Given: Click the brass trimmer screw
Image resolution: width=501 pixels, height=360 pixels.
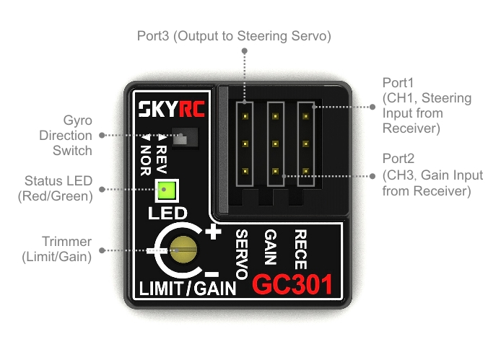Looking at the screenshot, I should click(184, 250).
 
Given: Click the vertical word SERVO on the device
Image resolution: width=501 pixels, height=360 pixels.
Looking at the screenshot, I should click(243, 253).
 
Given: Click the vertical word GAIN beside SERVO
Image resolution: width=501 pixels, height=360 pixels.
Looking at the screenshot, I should click(271, 246).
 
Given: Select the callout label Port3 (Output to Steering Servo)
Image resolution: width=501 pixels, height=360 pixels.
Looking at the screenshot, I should click(234, 35).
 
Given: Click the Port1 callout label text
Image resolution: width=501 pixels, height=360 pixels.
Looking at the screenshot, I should click(426, 105).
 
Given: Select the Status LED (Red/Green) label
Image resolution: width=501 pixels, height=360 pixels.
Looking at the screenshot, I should click(58, 188).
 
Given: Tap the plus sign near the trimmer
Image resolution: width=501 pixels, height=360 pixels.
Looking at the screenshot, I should click(213, 233).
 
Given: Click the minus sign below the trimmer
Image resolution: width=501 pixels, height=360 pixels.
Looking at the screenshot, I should click(211, 273).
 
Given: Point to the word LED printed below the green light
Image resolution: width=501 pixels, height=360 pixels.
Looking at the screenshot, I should click(167, 213).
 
